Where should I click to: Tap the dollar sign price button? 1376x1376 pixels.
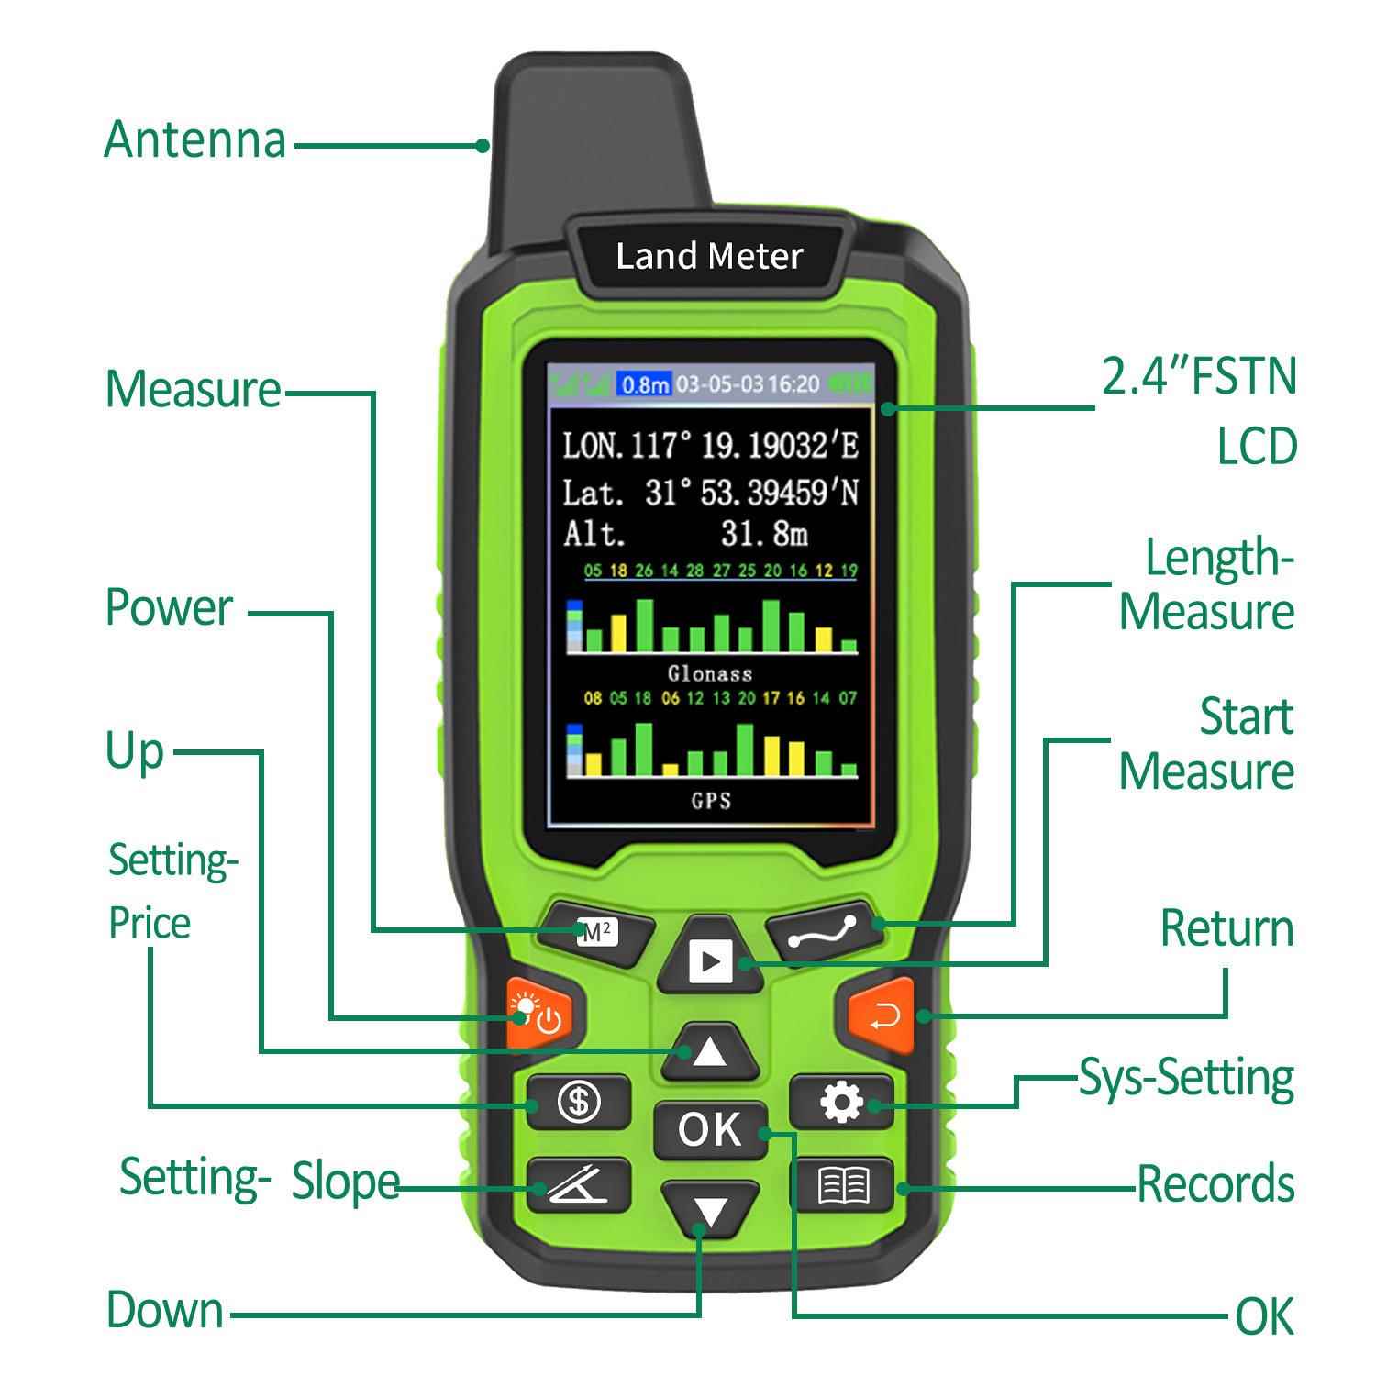579,1101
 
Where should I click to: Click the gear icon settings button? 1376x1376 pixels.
841,1101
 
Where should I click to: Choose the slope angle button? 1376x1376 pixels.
579,1184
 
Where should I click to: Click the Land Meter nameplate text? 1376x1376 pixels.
709,256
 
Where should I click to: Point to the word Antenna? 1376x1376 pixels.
194,140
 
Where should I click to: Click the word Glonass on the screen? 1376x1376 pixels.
710,674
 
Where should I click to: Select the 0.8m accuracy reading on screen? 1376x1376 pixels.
645,384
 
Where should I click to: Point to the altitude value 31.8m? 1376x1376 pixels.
763,534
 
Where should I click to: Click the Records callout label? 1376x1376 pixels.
1215,1184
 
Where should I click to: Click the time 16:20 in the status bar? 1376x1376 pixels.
793,384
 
